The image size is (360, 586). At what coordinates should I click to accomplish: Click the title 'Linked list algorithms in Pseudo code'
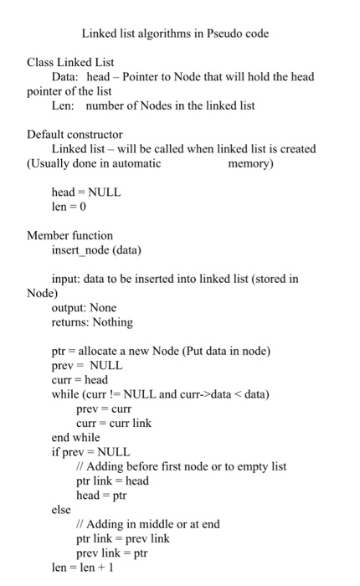point(175,34)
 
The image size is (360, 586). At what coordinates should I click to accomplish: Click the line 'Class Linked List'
point(71,62)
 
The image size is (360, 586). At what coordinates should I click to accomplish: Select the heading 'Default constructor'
point(75,134)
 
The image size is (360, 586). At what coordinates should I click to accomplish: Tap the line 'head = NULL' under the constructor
point(86,192)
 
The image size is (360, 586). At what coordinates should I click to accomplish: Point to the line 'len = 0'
point(70,206)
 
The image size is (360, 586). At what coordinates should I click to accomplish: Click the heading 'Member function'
point(69,235)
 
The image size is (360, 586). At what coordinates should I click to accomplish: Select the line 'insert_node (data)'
point(96,249)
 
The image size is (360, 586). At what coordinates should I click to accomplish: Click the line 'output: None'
point(84,307)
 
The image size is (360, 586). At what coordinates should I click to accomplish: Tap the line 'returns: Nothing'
point(92,321)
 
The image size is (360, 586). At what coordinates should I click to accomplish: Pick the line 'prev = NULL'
point(87,365)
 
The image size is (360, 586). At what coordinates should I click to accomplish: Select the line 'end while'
point(75,437)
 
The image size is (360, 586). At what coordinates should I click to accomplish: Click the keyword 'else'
point(61,509)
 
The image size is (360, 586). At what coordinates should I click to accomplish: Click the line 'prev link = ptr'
point(111,553)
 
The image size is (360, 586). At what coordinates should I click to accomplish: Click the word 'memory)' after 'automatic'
point(250,163)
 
